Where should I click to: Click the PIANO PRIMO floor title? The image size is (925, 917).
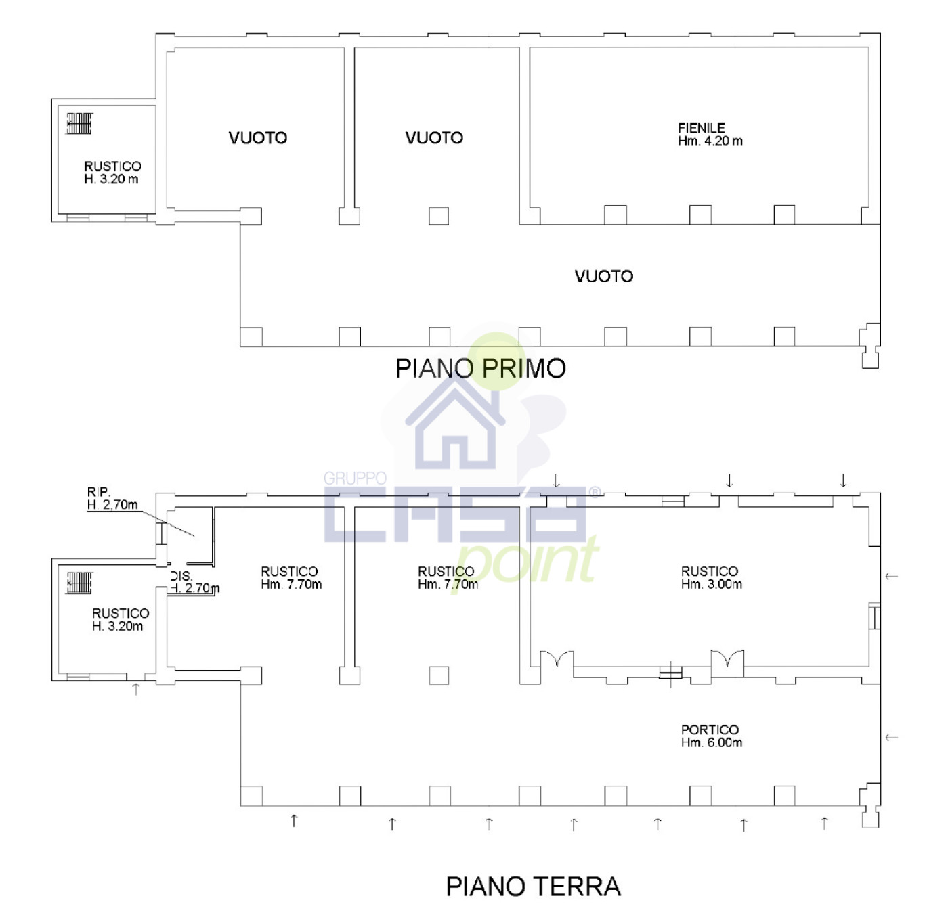point(480,368)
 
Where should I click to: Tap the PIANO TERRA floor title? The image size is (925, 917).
point(533,887)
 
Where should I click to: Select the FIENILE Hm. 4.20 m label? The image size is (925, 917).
point(710,134)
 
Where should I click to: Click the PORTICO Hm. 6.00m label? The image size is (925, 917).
point(711,736)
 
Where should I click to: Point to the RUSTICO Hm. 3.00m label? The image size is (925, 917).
point(711,577)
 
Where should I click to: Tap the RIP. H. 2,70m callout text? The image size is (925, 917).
point(112,498)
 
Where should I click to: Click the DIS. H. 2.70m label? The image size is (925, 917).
point(193,583)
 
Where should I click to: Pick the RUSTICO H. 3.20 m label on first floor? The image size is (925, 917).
point(112,172)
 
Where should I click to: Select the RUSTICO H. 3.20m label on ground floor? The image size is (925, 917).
point(120,619)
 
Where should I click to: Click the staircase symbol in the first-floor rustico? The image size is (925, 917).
point(79,123)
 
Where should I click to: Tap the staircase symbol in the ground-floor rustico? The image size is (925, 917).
point(79,582)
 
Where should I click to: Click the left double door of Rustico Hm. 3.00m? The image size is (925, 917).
point(557,659)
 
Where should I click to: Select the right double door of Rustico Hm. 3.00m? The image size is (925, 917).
point(727,659)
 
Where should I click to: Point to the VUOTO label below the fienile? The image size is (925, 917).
point(603,276)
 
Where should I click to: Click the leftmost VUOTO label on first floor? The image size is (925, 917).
point(257,138)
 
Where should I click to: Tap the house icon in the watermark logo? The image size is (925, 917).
point(455,425)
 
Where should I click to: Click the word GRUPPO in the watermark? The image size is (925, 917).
point(355,478)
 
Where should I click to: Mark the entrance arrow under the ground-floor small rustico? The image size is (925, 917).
point(136,689)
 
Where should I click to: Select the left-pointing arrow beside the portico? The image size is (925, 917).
point(891,737)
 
